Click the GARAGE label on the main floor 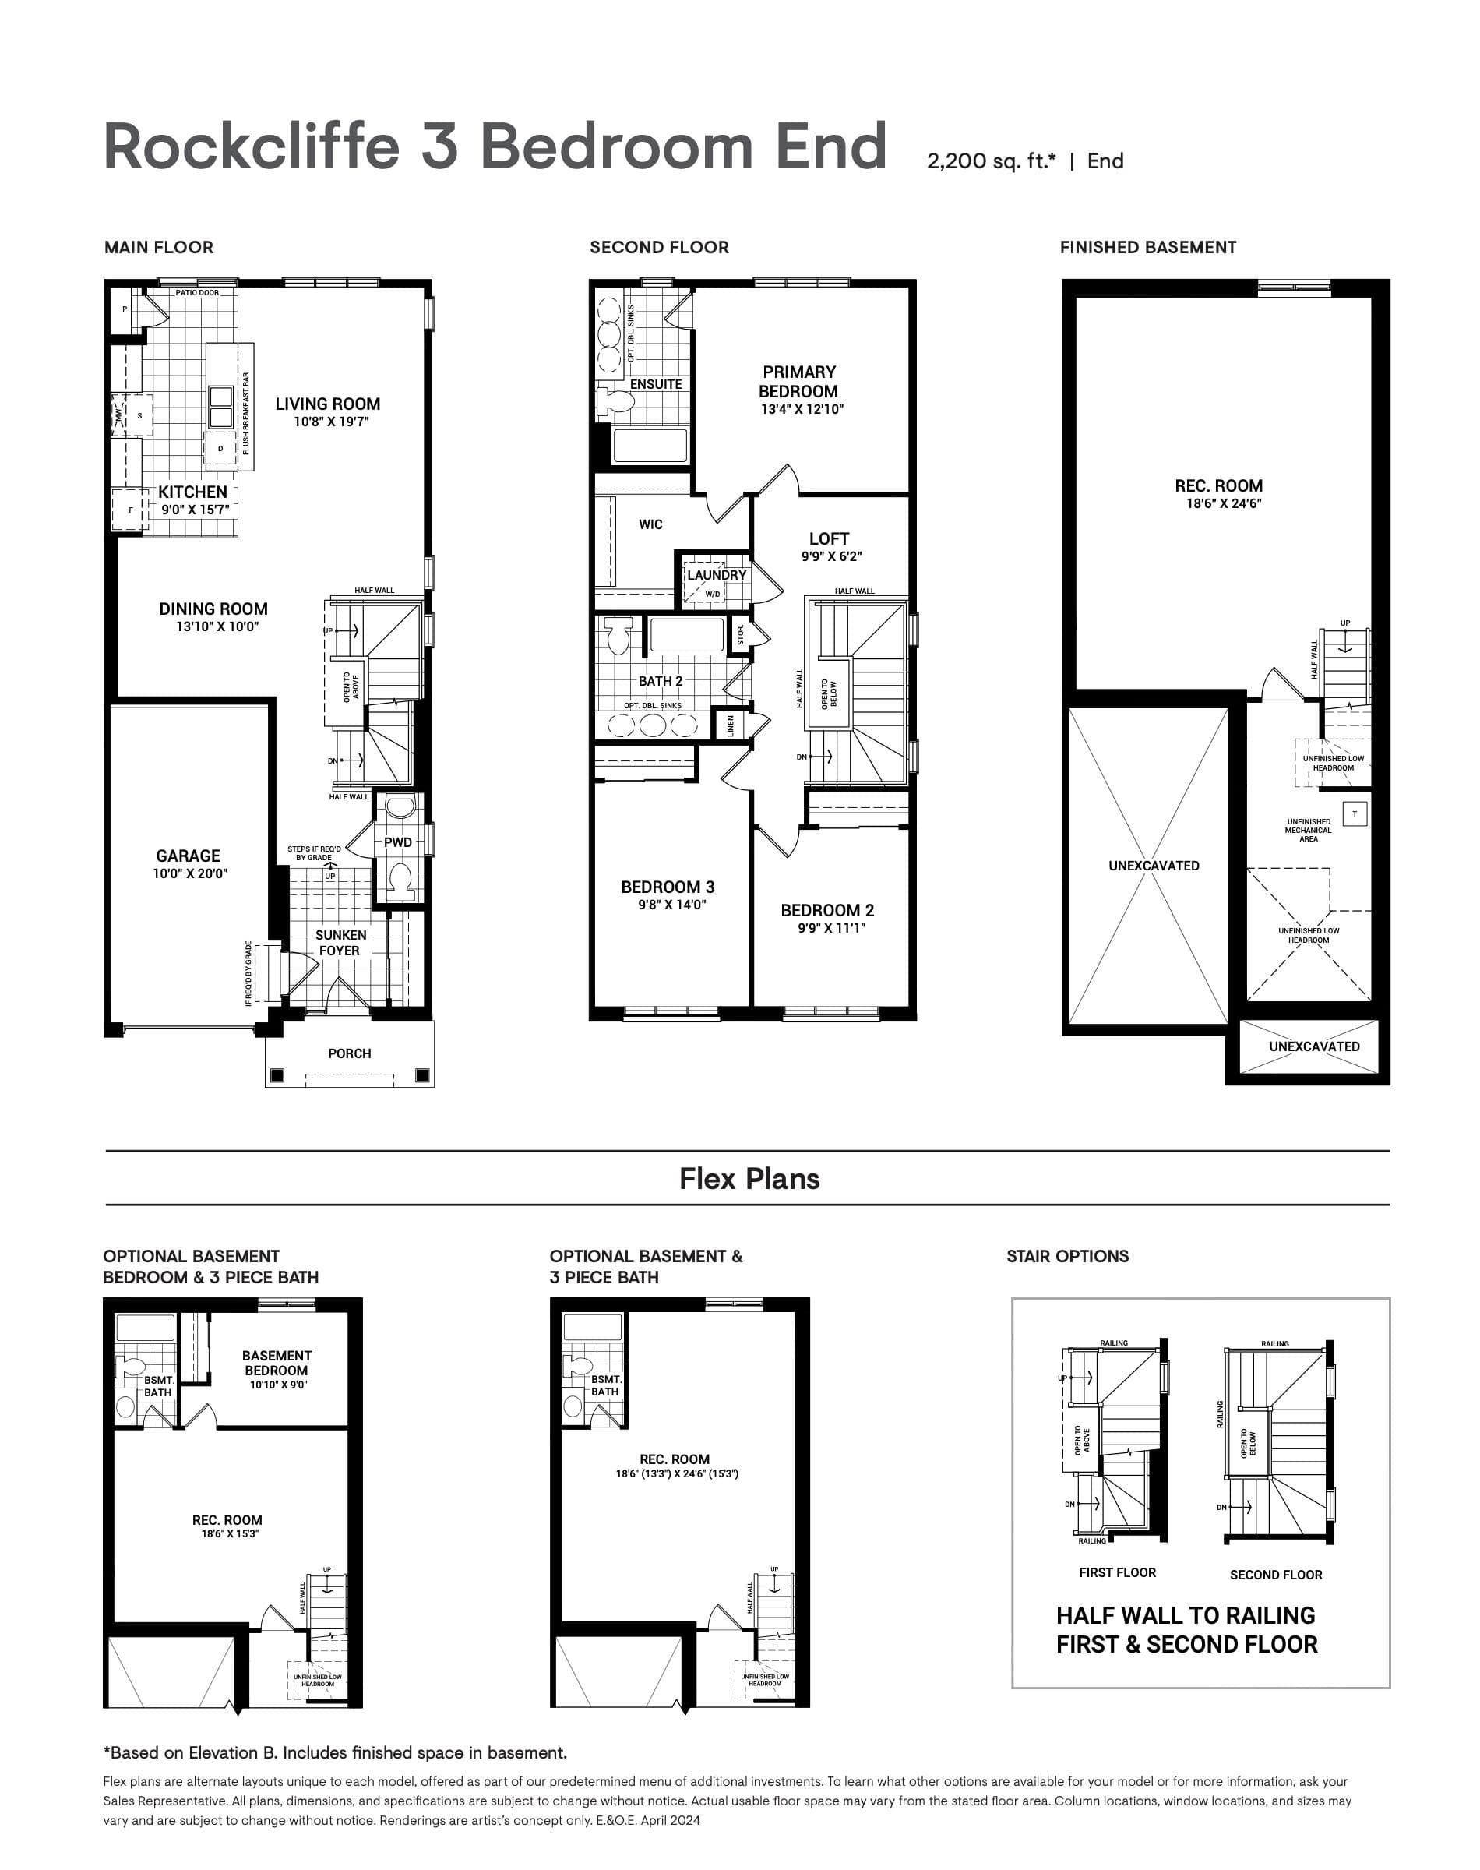[x=188, y=856]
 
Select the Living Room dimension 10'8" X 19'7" [x=331, y=422]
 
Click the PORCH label [x=349, y=1053]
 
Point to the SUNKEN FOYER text [x=340, y=943]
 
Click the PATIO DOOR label [x=197, y=293]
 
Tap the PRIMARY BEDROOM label [x=798, y=381]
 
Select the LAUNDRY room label [x=717, y=574]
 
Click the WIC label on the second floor [x=650, y=524]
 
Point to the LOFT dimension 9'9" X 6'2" [x=831, y=556]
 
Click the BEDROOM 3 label [x=668, y=887]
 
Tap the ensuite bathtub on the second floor [x=650, y=446]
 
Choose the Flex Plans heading [x=749, y=1179]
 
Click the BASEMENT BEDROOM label [x=277, y=1362]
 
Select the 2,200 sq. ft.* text [x=990, y=161]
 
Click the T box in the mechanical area [x=1355, y=813]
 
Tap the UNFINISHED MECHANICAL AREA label [x=1308, y=830]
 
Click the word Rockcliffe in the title [x=252, y=146]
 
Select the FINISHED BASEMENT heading [x=1147, y=247]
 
